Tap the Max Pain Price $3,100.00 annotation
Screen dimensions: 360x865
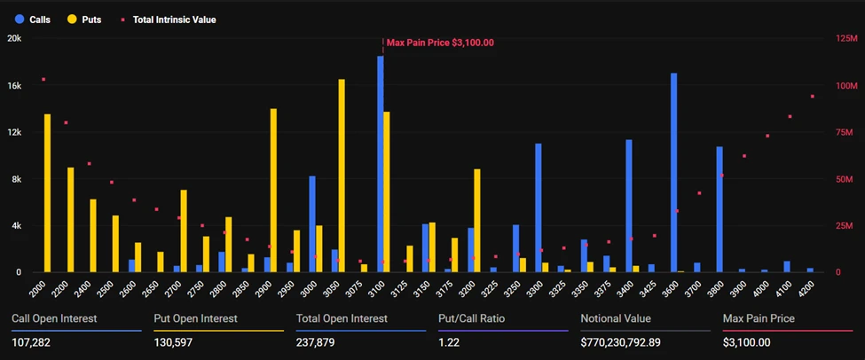click(x=440, y=42)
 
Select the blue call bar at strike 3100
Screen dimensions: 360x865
click(x=381, y=164)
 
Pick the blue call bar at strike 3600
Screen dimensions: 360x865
click(x=674, y=172)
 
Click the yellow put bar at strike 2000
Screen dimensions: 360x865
click(x=48, y=192)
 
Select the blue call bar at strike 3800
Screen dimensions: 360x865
click(x=720, y=208)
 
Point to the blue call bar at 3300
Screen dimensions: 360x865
click(x=539, y=207)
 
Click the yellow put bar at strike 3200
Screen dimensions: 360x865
click(x=477, y=220)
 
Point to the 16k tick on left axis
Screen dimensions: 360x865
click(x=14, y=85)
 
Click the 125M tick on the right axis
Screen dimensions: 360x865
click(x=845, y=39)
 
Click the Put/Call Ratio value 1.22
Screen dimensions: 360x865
click(x=449, y=342)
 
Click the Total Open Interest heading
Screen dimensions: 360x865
click(x=342, y=318)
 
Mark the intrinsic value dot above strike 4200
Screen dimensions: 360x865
click(x=812, y=96)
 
